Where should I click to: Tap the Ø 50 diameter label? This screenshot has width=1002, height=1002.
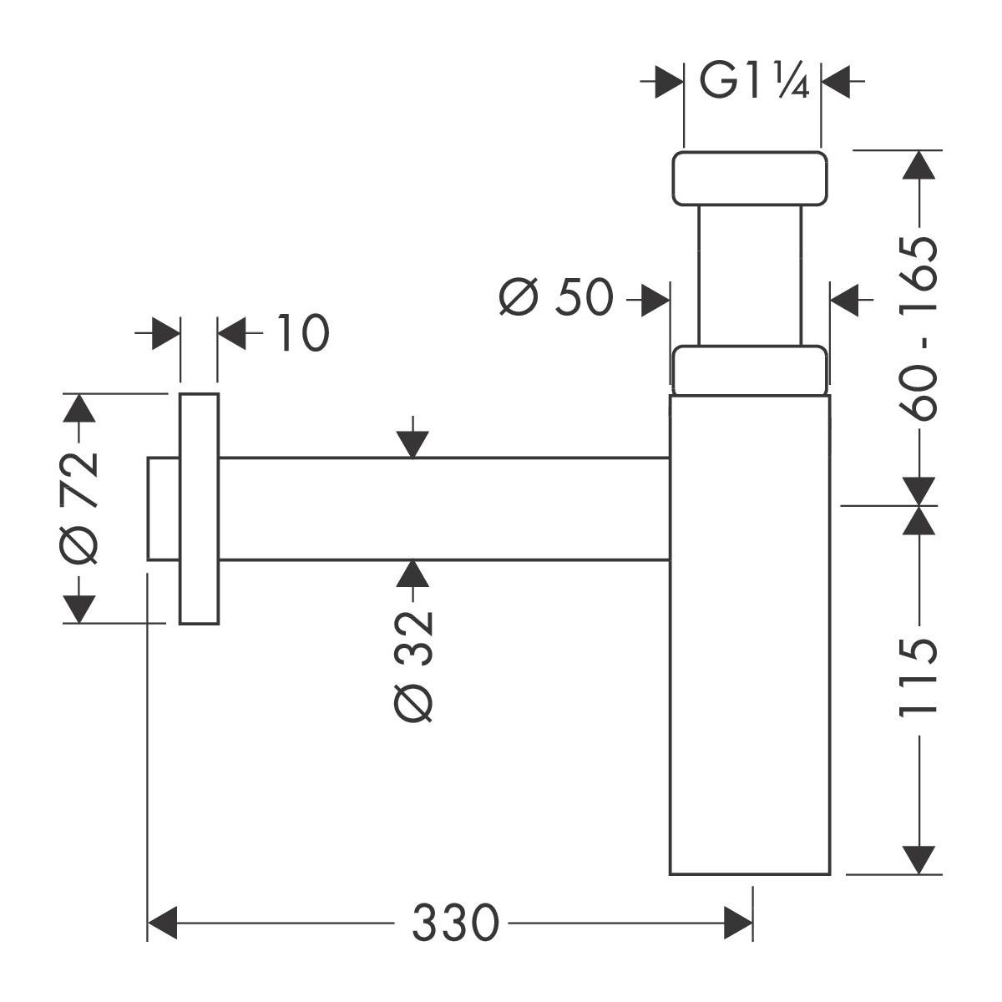tap(557, 297)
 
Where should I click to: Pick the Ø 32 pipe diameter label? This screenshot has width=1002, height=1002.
tap(414, 665)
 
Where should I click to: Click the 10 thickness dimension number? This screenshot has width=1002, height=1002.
tap(300, 334)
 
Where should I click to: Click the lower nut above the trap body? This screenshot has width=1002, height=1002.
tap(750, 369)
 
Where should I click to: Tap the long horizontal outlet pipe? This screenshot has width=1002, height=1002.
tap(443, 509)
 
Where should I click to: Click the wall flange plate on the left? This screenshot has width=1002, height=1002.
tap(199, 508)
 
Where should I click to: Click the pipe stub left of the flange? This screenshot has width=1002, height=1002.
tap(163, 508)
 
